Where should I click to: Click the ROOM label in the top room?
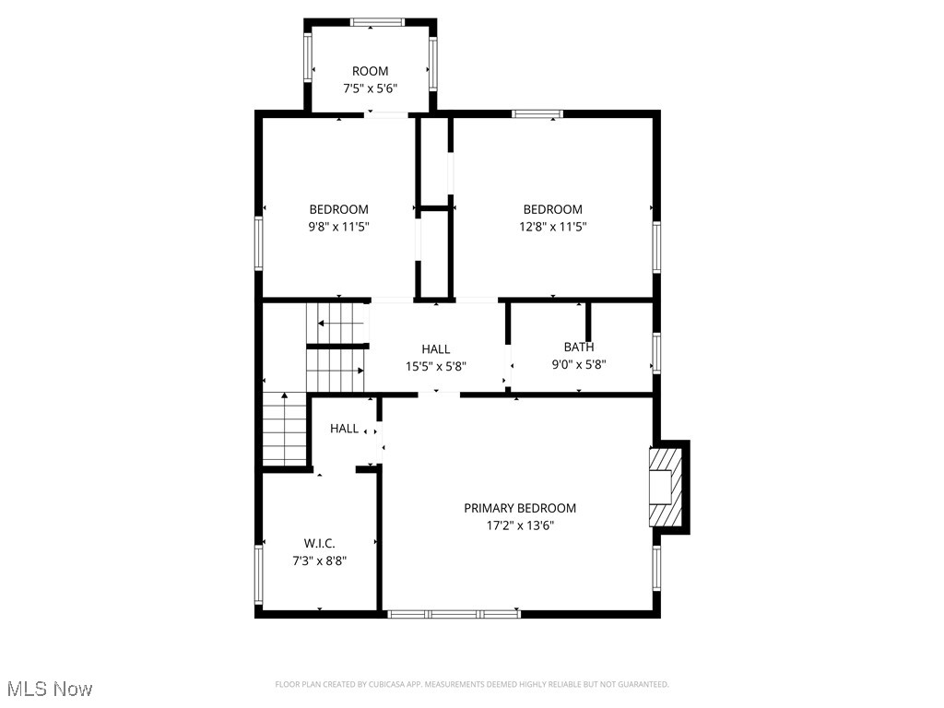click(370, 71)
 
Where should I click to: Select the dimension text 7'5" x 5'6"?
click(370, 88)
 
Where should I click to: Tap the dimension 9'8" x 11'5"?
click(338, 226)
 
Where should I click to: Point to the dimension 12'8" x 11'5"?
click(552, 226)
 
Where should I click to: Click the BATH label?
click(579, 347)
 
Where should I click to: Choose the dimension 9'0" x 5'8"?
click(579, 364)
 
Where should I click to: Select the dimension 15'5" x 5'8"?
click(436, 365)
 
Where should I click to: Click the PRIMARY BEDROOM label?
click(520, 508)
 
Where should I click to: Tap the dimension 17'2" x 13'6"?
click(520, 525)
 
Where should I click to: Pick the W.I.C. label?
click(319, 543)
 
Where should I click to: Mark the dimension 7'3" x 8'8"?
click(319, 560)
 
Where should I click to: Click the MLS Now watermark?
click(50, 689)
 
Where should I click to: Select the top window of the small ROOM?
click(371, 21)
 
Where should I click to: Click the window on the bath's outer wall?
click(656, 352)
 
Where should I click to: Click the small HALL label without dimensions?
click(344, 429)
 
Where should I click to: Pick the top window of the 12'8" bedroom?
click(537, 114)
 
